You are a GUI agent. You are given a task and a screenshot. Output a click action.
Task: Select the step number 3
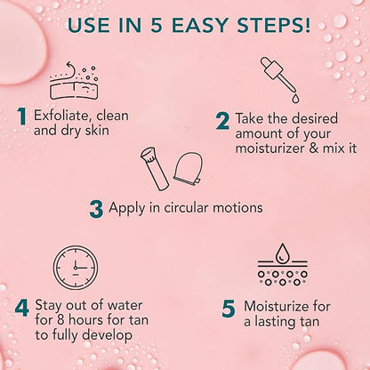[x=96, y=208]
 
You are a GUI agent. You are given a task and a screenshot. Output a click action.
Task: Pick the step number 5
[x=226, y=308]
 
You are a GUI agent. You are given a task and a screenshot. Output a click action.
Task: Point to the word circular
[x=192, y=208]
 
